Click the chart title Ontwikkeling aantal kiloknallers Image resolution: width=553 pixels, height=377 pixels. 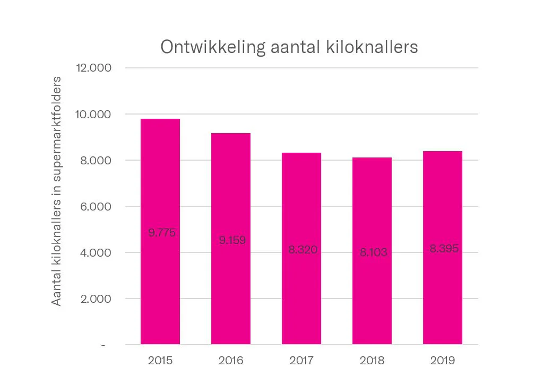click(289, 47)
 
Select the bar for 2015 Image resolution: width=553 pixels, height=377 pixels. click(160, 286)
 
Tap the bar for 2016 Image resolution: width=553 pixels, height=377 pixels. click(231, 292)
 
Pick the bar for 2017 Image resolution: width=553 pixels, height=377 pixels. click(301, 297)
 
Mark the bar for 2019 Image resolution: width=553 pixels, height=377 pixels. click(443, 297)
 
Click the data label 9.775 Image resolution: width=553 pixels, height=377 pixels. click(162, 232)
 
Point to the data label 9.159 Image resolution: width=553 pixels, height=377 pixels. click(232, 240)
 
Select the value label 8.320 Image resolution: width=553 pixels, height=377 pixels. click(303, 250)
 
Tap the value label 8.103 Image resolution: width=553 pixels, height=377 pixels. click(374, 252)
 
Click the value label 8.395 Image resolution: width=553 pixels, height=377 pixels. click(444, 249)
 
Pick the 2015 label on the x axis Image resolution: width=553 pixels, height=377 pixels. click(160, 361)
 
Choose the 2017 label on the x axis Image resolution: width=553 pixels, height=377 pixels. click(301, 361)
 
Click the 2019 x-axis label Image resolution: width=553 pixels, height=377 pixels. click(443, 361)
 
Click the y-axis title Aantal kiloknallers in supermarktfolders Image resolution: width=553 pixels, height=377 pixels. click(56, 191)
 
